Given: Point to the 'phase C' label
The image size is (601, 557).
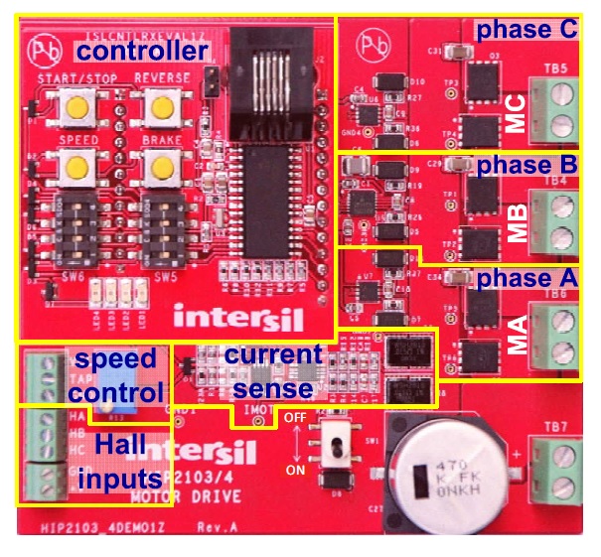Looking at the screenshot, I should pos(526,30).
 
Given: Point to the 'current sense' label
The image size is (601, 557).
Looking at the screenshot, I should pos(272,370).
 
